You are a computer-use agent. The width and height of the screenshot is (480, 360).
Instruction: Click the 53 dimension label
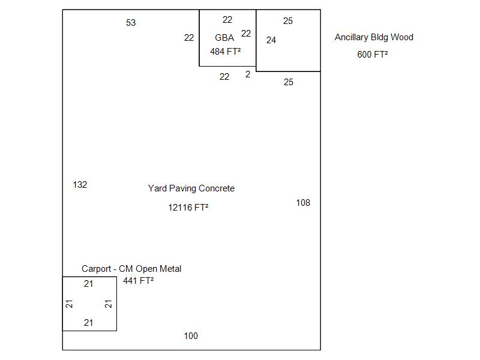pyautogui.click(x=131, y=23)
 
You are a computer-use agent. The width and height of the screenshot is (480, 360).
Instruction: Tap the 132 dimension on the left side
pyautogui.click(x=80, y=185)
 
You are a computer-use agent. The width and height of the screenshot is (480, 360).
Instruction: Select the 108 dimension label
pyautogui.click(x=303, y=203)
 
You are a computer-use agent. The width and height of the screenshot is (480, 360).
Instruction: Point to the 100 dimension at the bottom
pyautogui.click(x=191, y=336)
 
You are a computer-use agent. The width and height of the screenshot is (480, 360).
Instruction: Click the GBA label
pyautogui.click(x=224, y=38)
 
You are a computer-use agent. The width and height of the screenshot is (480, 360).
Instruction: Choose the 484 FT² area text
pyautogui.click(x=226, y=52)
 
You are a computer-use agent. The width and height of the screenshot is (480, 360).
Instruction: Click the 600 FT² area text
pyautogui.click(x=373, y=55)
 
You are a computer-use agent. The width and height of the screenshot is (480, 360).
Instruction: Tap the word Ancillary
pyautogui.click(x=351, y=37)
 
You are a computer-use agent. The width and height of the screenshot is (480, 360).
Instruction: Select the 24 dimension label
pyautogui.click(x=271, y=40)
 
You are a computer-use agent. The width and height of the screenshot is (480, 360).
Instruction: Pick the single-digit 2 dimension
pyautogui.click(x=248, y=74)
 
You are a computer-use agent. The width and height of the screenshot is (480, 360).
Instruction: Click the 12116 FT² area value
pyautogui.click(x=188, y=208)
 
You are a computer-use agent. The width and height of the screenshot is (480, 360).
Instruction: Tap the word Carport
pyautogui.click(x=96, y=269)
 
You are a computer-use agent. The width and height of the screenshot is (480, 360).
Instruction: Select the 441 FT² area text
pyautogui.click(x=139, y=281)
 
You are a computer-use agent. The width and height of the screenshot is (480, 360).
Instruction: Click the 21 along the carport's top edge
pyautogui.click(x=88, y=284)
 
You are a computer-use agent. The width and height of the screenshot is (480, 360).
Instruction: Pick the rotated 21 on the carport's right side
pyautogui.click(x=109, y=304)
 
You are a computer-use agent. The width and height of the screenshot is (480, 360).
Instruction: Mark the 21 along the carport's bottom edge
pyautogui.click(x=88, y=323)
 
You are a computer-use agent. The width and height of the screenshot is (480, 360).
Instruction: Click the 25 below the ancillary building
pyautogui.click(x=289, y=82)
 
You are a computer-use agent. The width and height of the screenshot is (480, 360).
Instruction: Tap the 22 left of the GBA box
pyautogui.click(x=189, y=38)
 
